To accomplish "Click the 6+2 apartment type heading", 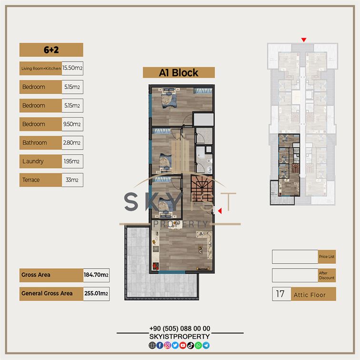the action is click(x=51, y=50).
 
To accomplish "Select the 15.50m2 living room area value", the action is click(x=72, y=68).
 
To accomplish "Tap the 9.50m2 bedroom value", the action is click(x=72, y=124).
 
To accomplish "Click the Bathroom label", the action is click(x=35, y=142).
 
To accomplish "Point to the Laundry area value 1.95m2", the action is click(x=71, y=161).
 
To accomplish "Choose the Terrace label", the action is click(x=31, y=180).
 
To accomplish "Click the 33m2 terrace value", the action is click(x=72, y=180).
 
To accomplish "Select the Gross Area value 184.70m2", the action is click(x=96, y=275).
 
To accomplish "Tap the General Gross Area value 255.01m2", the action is click(x=96, y=293).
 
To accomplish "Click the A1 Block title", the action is click(x=179, y=73).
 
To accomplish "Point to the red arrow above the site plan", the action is click(x=304, y=40).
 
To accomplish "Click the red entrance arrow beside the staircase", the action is click(x=220, y=211).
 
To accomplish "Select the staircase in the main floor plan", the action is click(x=201, y=189).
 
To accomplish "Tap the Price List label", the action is click(x=327, y=257).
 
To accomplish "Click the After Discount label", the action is click(x=327, y=275).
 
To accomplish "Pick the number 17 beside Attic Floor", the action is click(x=280, y=294).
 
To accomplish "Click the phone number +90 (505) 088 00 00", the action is click(x=180, y=329).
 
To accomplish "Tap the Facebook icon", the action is click(x=160, y=345).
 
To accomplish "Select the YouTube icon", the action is click(x=183, y=345).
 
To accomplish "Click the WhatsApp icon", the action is click(x=198, y=345).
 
